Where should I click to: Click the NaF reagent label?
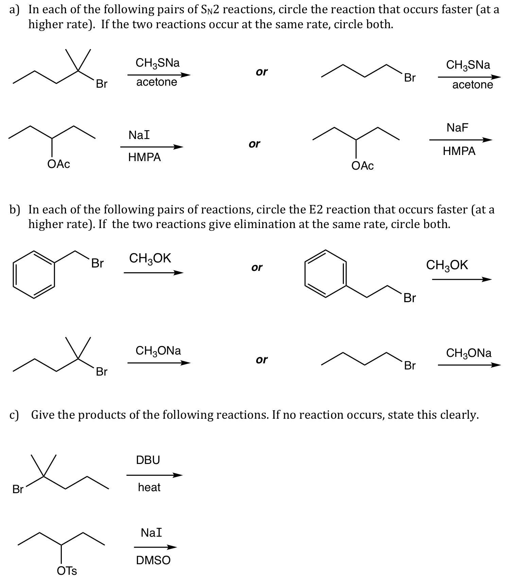click(457, 128)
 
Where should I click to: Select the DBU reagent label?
click(148, 460)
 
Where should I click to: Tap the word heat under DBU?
click(149, 487)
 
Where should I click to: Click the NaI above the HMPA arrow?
click(139, 135)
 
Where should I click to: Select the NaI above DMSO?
click(151, 533)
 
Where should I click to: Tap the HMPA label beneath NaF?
click(459, 151)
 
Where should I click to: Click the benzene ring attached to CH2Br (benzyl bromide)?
click(33, 275)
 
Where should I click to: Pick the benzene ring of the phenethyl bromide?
click(326, 274)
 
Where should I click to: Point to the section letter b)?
click(15, 210)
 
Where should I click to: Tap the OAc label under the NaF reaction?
click(363, 166)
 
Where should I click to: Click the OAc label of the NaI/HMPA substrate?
click(59, 164)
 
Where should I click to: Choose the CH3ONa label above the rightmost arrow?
click(469, 353)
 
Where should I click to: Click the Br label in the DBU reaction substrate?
click(18, 489)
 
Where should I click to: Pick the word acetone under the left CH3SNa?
click(157, 82)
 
